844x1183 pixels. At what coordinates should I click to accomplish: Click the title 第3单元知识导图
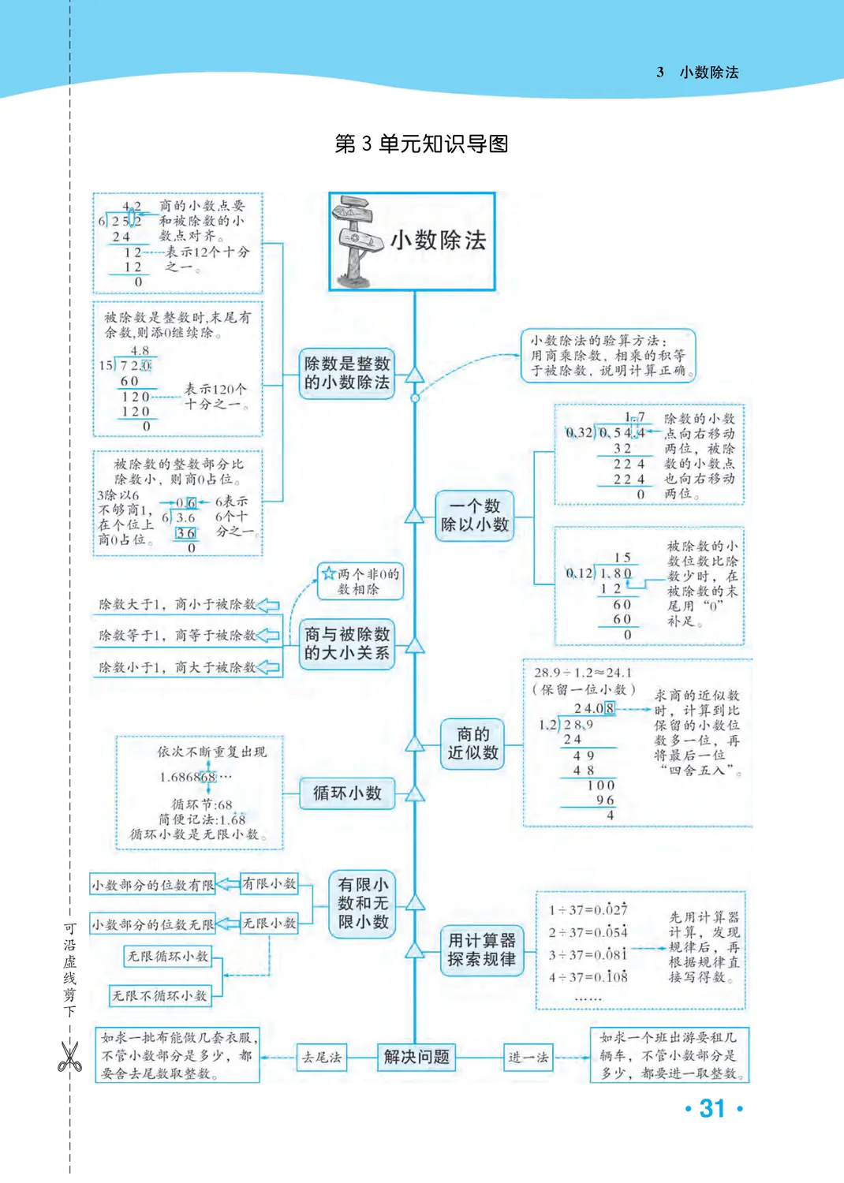click(x=421, y=144)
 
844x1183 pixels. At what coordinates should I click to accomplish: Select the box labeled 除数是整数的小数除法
click(x=347, y=373)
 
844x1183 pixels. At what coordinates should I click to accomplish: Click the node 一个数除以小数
click(x=475, y=515)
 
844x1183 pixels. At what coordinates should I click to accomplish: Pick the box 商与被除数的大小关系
click(x=347, y=644)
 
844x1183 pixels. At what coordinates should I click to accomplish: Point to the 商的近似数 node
click(x=473, y=743)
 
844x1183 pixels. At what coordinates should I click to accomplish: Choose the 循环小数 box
click(x=347, y=793)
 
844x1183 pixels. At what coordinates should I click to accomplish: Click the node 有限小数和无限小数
click(x=363, y=903)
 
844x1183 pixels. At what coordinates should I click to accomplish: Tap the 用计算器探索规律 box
click(x=481, y=950)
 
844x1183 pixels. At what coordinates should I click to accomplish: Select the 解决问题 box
click(x=416, y=1057)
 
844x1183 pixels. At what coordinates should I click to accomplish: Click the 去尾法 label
click(x=321, y=1057)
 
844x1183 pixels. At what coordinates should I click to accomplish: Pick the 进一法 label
click(x=528, y=1058)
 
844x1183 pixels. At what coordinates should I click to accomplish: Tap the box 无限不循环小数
click(x=160, y=996)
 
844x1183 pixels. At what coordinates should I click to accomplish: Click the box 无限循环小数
click(x=168, y=957)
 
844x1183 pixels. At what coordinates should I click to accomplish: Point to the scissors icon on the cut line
click(x=69, y=1057)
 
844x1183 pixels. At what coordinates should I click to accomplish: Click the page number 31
click(x=712, y=1109)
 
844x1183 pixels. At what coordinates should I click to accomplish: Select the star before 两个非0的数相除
click(x=329, y=573)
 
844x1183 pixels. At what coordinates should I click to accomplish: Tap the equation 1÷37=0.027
click(x=588, y=910)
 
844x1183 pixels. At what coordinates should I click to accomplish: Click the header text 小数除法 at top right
click(x=709, y=73)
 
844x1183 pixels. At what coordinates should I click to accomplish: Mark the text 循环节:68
click(x=202, y=804)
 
